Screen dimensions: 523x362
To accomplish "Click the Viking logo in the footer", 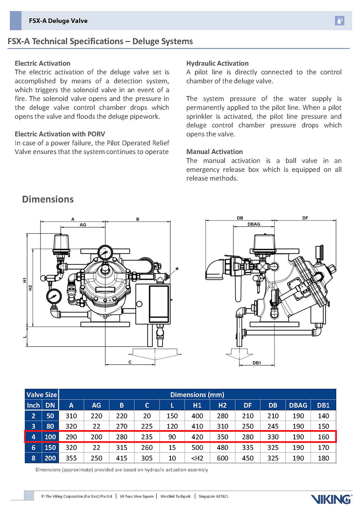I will click(331, 499).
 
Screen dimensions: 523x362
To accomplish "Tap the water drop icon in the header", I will click(339, 21).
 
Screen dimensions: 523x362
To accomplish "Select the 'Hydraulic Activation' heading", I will click(217, 63).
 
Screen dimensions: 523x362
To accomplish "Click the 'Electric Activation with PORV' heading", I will click(60, 134).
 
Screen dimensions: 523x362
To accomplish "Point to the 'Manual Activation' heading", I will click(214, 152).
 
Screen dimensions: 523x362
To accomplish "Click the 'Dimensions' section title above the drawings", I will click(48, 199).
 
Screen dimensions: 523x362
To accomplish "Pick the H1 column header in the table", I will click(197, 405).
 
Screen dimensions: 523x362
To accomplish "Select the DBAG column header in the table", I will click(298, 405).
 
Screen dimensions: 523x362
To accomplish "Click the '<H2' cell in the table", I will click(197, 458).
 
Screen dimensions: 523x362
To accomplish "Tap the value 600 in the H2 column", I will click(222, 458).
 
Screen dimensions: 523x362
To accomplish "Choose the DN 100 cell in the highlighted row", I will click(50, 437).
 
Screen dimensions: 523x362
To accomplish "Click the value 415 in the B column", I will click(122, 458).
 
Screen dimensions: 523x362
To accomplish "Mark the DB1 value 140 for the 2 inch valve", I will click(323, 416).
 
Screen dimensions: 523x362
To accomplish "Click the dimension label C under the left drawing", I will click(130, 362).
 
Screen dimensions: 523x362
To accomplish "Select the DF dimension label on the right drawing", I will click(305, 218).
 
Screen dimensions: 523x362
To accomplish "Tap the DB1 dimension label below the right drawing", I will click(257, 363).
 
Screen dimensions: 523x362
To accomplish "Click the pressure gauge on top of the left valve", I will click(105, 252).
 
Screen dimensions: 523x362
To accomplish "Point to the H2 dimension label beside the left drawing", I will click(31, 288).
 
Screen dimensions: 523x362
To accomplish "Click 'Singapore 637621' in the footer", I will click(213, 496).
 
